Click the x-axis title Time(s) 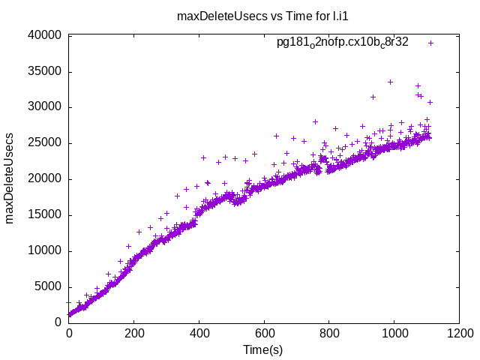click(x=262, y=350)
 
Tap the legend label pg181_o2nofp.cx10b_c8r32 click(x=342, y=43)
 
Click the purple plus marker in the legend click(x=431, y=43)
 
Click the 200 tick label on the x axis click(x=133, y=334)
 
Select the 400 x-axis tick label click(x=199, y=334)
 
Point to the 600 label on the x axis click(x=264, y=334)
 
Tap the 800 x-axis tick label click(x=328, y=334)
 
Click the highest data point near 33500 click(x=390, y=82)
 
